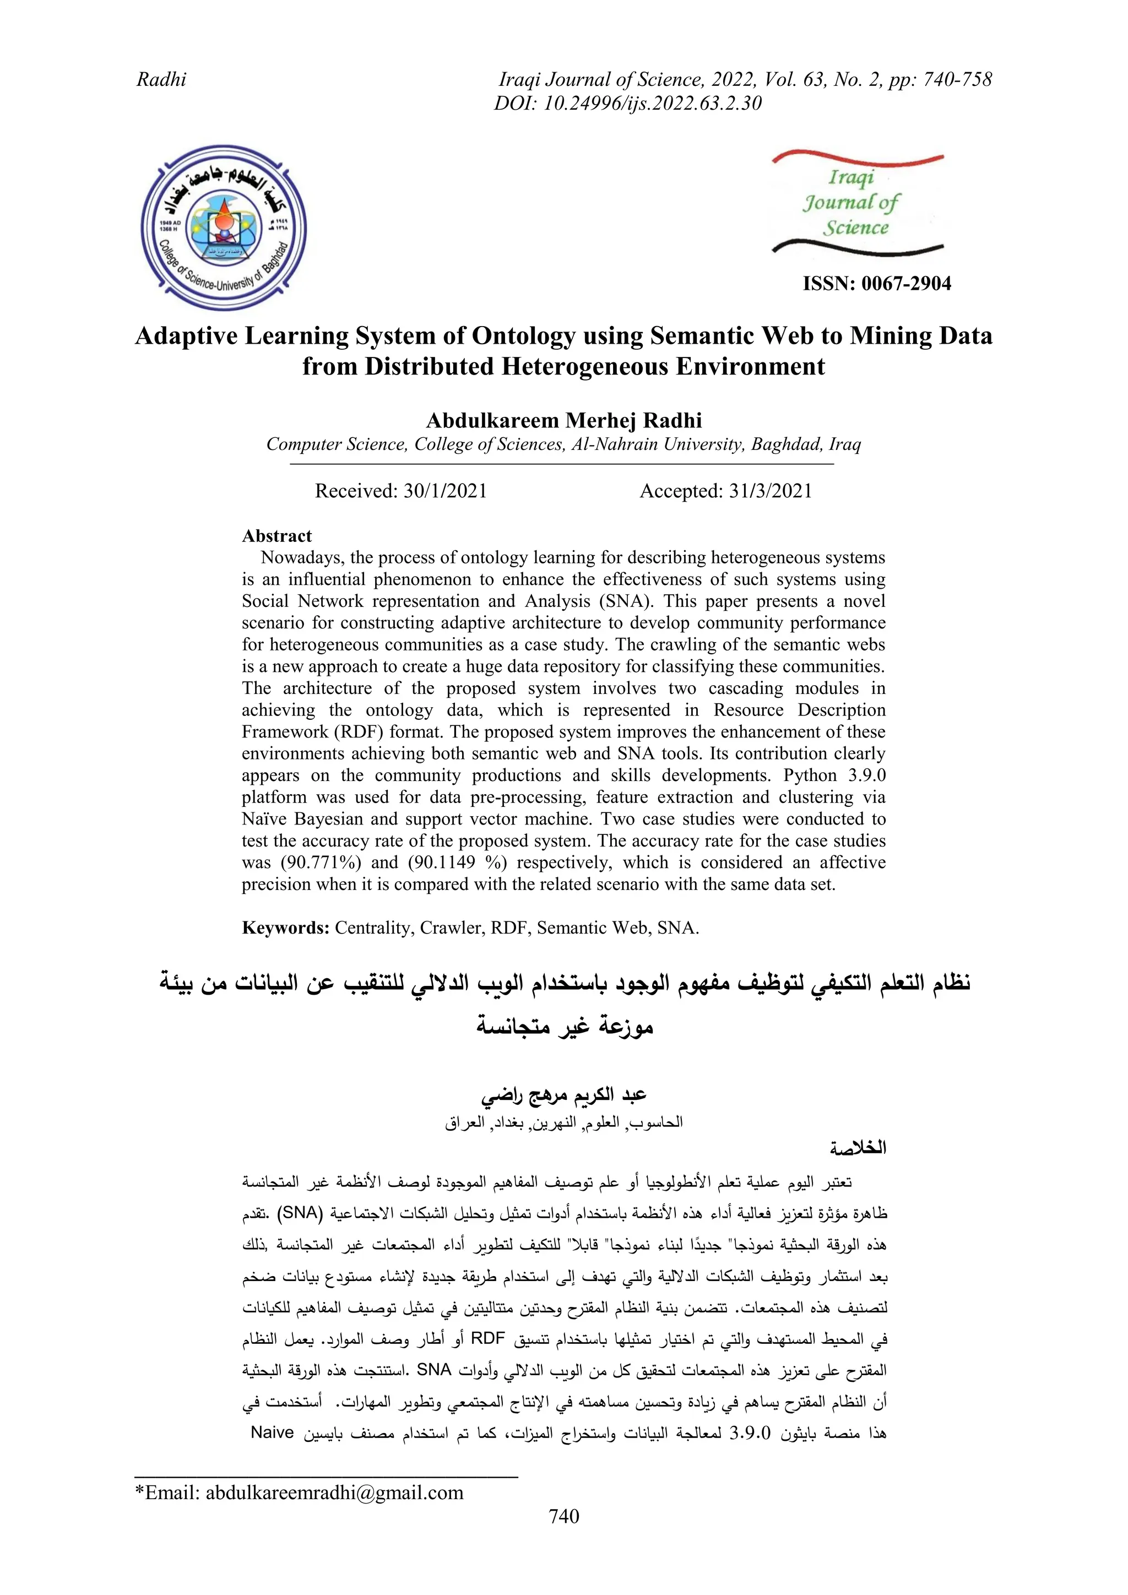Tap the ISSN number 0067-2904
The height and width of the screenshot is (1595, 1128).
(877, 284)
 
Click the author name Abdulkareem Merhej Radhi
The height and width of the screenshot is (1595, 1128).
(563, 420)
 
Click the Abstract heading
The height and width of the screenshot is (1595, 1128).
(276, 535)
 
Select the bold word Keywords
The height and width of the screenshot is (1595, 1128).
(285, 928)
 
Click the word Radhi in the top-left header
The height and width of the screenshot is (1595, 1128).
(161, 79)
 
